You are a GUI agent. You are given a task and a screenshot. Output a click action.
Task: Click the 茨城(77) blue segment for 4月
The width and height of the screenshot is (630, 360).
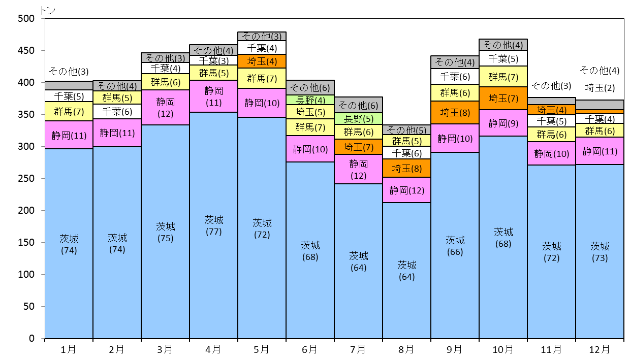click(213, 225)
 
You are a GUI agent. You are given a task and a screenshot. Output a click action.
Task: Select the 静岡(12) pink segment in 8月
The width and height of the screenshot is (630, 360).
click(406, 190)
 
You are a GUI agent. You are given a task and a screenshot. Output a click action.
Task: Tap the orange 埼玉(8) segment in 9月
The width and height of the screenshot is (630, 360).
click(455, 112)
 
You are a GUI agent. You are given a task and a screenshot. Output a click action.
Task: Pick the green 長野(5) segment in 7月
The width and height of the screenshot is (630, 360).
click(358, 119)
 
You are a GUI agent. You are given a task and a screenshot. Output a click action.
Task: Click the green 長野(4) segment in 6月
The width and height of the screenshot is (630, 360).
click(310, 100)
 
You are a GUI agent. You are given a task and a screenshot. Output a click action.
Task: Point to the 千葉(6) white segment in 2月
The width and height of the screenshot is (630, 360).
click(117, 112)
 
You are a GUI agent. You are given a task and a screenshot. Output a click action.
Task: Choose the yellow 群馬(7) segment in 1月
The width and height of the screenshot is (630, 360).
click(69, 111)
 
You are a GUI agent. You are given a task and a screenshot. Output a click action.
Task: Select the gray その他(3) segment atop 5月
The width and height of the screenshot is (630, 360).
click(262, 36)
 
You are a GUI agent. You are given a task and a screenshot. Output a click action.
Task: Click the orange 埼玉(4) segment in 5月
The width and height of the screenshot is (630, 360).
click(262, 61)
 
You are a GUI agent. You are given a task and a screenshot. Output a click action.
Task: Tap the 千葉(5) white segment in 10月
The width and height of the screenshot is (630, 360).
click(503, 58)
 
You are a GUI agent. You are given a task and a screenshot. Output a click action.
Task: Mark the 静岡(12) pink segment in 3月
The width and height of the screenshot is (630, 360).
click(166, 107)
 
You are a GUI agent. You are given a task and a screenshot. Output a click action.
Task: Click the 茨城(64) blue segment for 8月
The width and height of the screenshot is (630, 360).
click(406, 270)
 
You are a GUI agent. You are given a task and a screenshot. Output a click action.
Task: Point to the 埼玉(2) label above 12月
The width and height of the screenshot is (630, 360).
click(600, 88)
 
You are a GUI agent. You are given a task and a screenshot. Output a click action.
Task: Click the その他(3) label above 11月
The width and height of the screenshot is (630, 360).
click(551, 85)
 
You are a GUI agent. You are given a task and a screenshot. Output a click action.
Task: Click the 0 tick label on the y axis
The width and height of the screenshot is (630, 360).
click(31, 338)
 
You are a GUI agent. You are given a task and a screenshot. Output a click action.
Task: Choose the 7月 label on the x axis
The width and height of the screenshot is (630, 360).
click(358, 350)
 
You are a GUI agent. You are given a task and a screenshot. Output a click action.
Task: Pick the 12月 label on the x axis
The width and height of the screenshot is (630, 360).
click(600, 350)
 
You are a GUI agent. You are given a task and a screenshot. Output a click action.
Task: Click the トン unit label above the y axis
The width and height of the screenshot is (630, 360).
click(47, 10)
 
